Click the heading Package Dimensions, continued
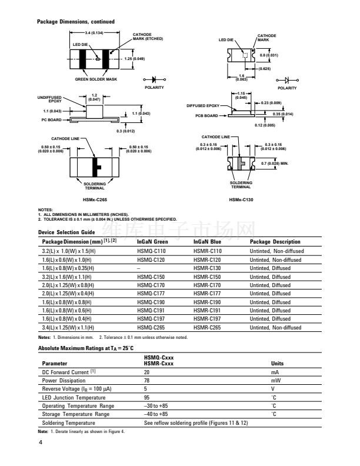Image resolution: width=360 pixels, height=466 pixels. coord(76,22)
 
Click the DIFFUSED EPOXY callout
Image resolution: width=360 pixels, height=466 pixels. coord(203,106)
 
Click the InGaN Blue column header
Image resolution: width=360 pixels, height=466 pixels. coord(208,242)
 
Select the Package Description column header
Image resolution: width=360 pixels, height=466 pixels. coord(275,242)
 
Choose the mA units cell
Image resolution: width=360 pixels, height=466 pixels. coord(274,372)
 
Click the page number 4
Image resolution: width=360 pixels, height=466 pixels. coord(41,442)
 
